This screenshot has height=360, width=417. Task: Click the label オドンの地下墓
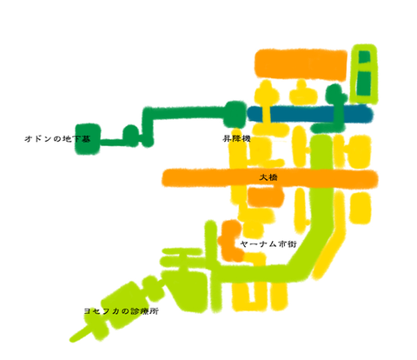pos(57,139)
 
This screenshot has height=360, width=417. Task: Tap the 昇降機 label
pos(236,138)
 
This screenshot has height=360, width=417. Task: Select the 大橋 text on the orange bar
pos(268,177)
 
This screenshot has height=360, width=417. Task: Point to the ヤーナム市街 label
pos(268,244)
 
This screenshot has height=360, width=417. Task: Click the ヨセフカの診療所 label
pos(121,311)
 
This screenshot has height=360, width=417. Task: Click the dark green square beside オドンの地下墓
pos(88,139)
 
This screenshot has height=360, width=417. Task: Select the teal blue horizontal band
pos(309,114)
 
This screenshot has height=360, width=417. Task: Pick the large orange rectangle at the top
pos(301,64)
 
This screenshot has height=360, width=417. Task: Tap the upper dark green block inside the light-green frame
pos(364,57)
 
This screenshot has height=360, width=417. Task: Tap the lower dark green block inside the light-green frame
pos(364,83)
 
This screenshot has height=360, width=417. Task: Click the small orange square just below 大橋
pos(266,197)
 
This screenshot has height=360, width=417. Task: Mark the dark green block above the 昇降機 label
pos(235,114)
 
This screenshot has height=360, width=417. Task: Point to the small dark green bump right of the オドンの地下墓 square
pos(131,133)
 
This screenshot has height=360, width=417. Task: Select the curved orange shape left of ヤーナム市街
pos(231,241)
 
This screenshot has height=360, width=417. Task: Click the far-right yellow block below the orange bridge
pos(360,208)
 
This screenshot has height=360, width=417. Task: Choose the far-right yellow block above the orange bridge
pos(361,152)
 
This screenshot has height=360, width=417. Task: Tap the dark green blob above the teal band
pos(336,93)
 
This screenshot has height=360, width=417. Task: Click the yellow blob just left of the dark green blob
pos(303,93)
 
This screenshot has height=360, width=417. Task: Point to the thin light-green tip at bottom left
pos(77,337)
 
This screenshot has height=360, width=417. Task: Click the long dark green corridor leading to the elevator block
pos(185,112)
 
